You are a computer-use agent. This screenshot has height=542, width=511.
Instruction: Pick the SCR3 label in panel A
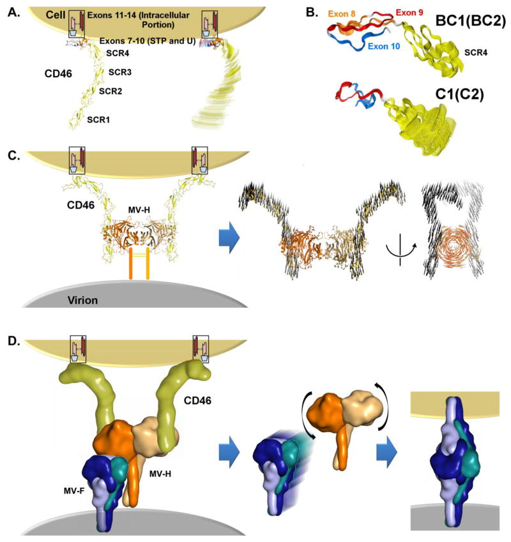coord(119,72)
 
